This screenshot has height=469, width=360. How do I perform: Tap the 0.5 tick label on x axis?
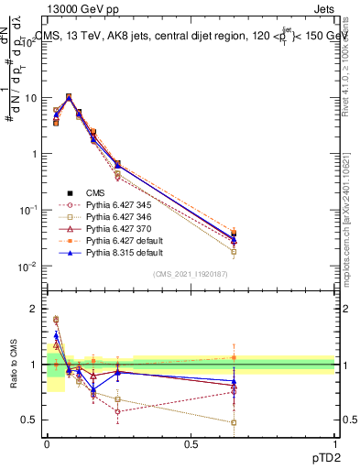[x=191, y=443]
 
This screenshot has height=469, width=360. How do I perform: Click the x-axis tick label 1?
[x=334, y=443]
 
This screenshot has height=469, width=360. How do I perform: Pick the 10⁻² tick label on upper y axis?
[x=27, y=267]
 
